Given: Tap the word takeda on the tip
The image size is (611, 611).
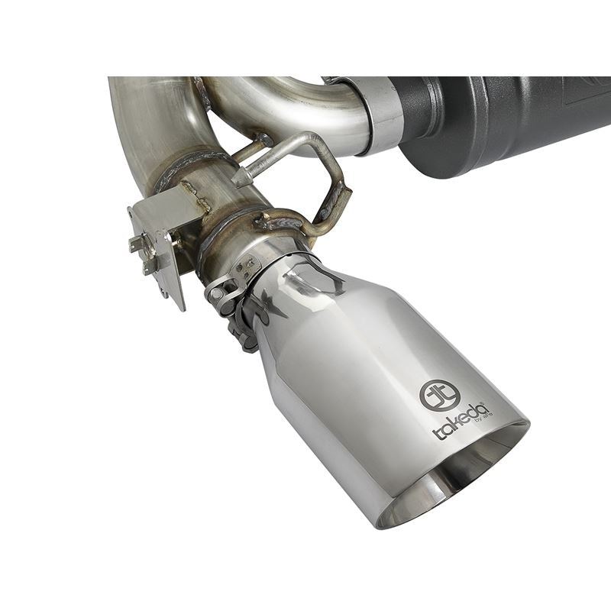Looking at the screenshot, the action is point(458,422).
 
